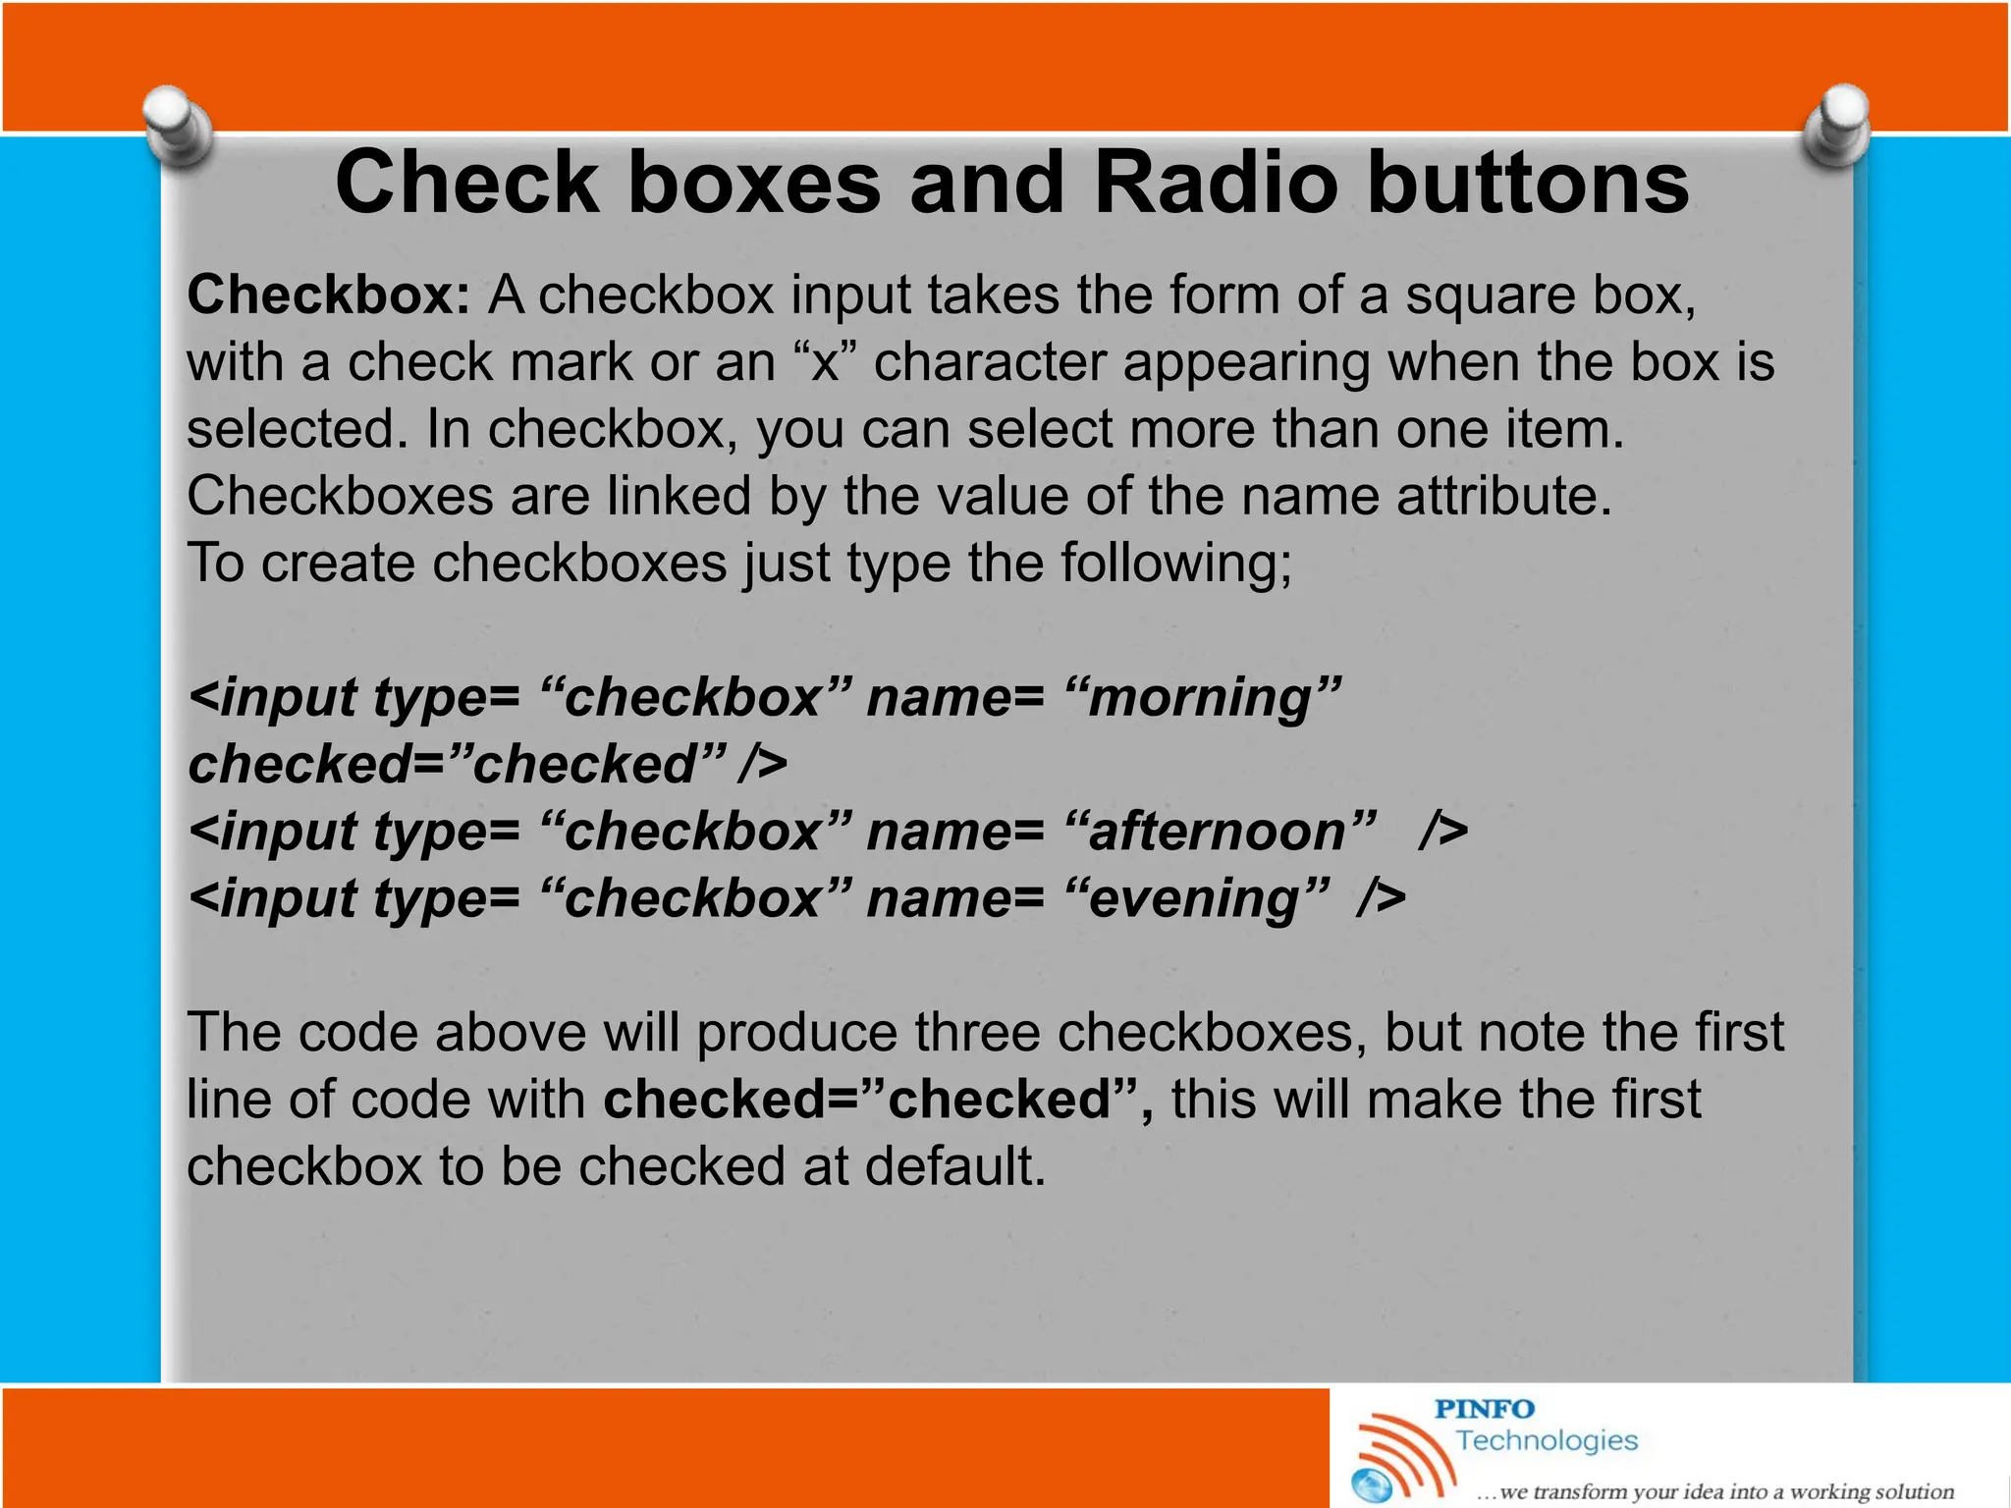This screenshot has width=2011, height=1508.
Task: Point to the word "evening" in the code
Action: coord(1197,899)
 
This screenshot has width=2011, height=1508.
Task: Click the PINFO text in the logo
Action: coord(1484,1409)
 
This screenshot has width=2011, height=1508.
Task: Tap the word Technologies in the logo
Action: coord(1547,1440)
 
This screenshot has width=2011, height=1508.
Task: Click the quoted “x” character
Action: coord(825,362)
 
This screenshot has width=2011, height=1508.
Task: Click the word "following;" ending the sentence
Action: coord(1175,564)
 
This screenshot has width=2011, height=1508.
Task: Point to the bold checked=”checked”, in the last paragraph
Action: coord(878,1100)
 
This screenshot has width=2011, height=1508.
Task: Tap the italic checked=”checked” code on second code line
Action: coord(458,765)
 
